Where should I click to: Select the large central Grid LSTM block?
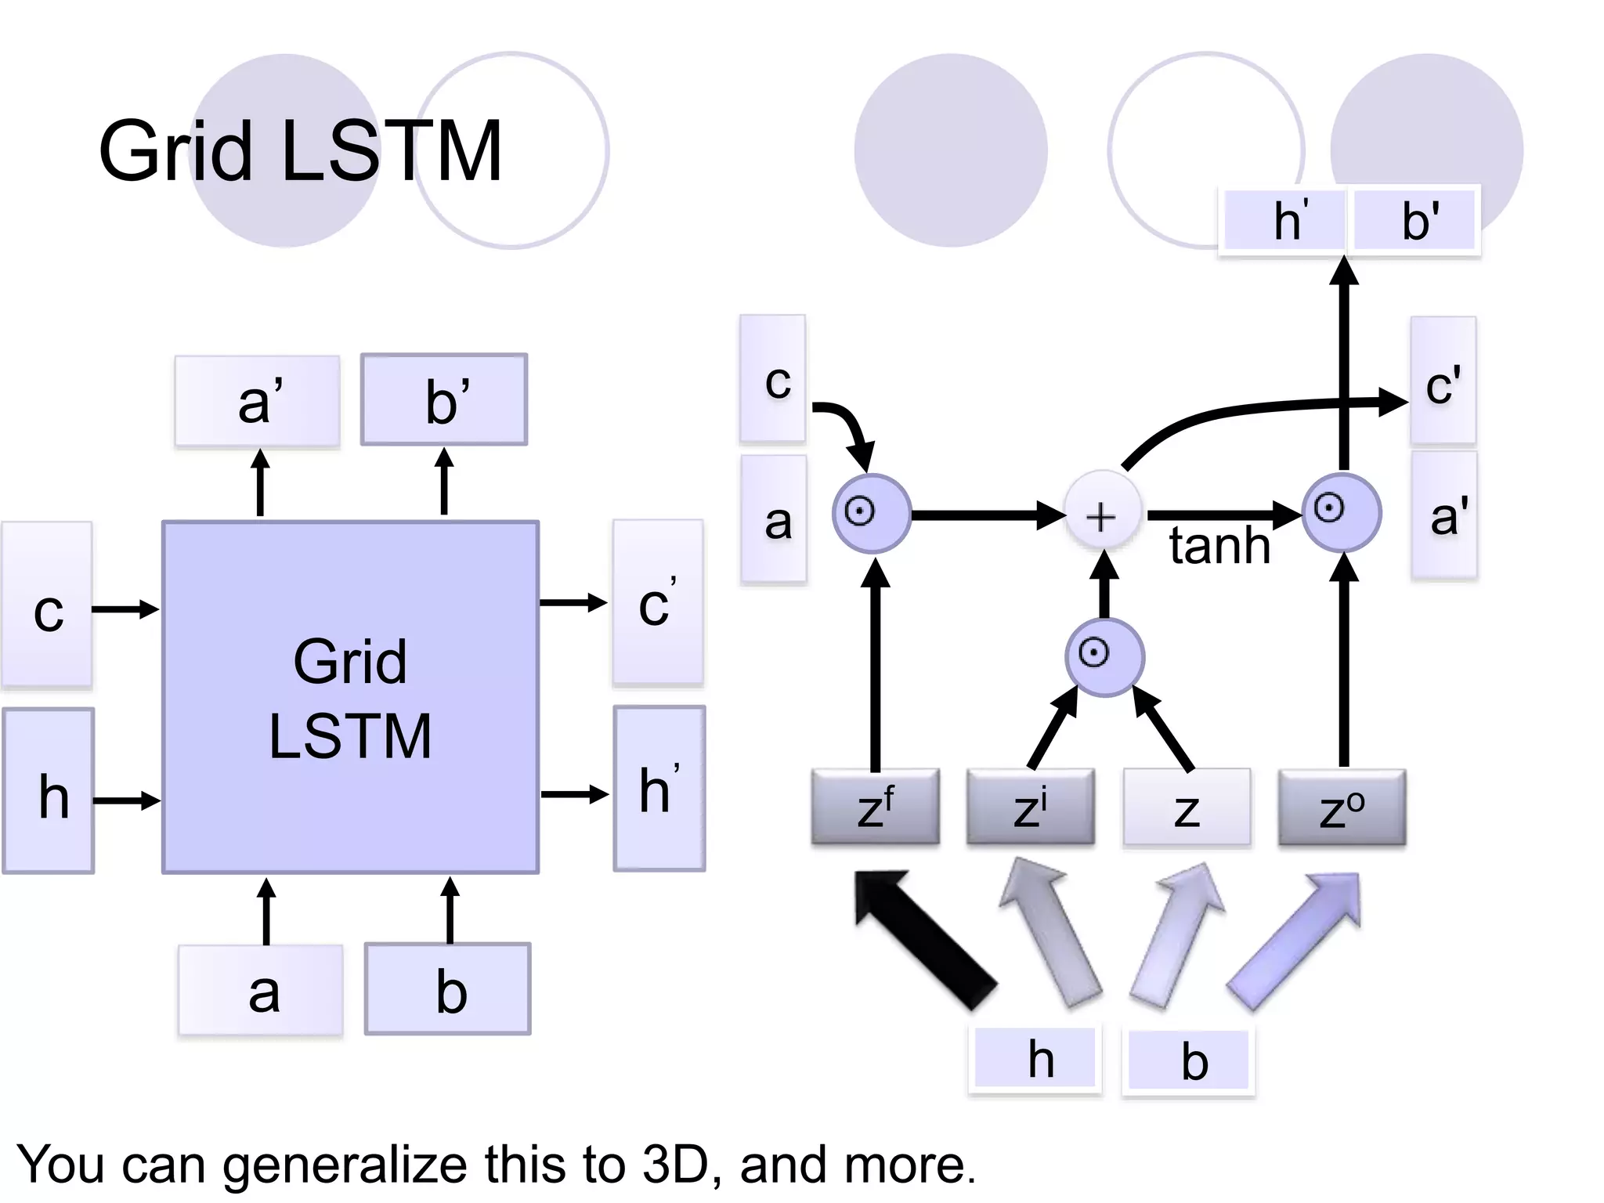click(x=350, y=697)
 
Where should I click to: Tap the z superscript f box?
click(x=875, y=807)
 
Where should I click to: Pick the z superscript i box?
click(x=1030, y=807)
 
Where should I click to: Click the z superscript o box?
click(x=1342, y=807)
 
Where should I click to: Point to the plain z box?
click(x=1187, y=807)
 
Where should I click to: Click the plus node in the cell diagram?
click(x=1101, y=516)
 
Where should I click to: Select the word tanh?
click(x=1219, y=546)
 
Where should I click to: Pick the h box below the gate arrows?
click(x=1035, y=1060)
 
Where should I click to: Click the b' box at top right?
click(x=1416, y=220)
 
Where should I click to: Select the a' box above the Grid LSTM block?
click(x=258, y=401)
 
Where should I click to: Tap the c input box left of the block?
click(x=48, y=605)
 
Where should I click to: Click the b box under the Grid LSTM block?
click(x=448, y=989)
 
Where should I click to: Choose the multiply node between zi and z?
click(x=1104, y=656)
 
